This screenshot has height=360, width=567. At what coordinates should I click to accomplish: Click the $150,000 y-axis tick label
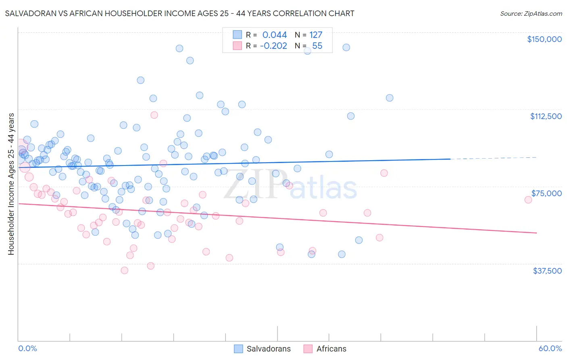click(x=544, y=39)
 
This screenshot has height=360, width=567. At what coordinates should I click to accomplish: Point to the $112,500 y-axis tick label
click(x=546, y=116)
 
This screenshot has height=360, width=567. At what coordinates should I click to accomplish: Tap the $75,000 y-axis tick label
click(x=546, y=193)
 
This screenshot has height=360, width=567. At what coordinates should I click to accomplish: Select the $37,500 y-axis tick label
click(x=547, y=270)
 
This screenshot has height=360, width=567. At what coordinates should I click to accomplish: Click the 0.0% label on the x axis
click(x=27, y=348)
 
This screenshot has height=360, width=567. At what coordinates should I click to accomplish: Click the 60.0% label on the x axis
click(x=550, y=348)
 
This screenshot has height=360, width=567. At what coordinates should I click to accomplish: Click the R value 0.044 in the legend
click(x=274, y=35)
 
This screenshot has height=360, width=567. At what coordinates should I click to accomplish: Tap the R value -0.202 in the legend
click(x=273, y=46)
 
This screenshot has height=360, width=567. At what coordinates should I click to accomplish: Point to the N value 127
click(x=315, y=35)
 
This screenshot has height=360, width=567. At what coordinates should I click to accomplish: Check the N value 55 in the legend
click(x=317, y=46)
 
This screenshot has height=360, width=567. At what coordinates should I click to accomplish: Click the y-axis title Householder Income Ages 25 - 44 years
click(x=11, y=184)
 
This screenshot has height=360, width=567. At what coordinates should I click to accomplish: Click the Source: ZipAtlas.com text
click(x=531, y=14)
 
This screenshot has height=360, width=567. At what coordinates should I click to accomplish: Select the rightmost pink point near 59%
click(x=528, y=199)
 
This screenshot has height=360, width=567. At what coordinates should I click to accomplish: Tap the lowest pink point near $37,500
click(x=125, y=270)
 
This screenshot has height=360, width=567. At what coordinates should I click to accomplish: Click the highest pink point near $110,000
click(x=154, y=115)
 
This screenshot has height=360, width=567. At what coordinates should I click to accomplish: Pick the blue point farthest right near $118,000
click(x=390, y=98)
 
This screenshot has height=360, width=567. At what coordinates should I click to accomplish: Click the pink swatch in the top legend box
click(x=238, y=46)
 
